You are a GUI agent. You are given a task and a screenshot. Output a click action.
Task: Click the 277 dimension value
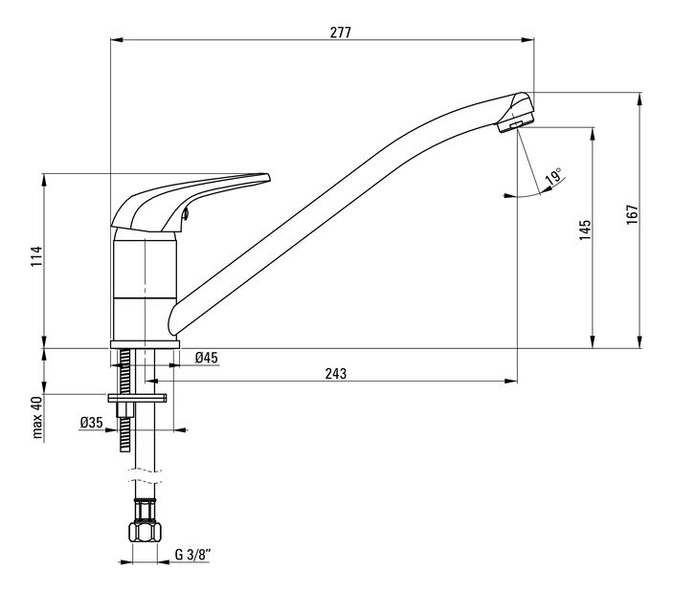coord(341,33)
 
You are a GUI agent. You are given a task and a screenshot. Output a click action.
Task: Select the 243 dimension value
coord(336,374)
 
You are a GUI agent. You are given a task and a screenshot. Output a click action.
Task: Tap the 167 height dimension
coord(632,214)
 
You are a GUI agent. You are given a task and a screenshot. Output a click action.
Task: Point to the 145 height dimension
coord(585,230)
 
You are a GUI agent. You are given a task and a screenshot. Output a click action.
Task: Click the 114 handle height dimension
coord(37,256)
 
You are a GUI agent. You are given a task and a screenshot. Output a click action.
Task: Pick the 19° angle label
coord(553,176)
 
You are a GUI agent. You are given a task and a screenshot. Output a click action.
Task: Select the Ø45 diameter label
coord(207,358)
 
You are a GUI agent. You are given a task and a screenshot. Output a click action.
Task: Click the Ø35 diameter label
coord(91,423)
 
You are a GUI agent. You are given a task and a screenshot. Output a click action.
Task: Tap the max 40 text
coord(37,418)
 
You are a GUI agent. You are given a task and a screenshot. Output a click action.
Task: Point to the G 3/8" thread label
coord(192,555)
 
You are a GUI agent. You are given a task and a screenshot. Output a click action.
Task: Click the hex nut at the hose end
coord(146,532)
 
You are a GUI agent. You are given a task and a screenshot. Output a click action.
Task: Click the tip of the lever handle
coord(268,177)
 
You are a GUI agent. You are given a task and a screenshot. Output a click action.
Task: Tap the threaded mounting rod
coord(124,400)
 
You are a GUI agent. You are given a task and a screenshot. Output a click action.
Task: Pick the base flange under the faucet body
coord(146,344)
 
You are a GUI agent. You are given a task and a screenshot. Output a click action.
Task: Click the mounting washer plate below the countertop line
coord(137,398)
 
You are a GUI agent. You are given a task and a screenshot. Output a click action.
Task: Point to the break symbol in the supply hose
coord(146,476)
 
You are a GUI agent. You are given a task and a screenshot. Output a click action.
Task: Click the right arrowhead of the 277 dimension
coord(527,40)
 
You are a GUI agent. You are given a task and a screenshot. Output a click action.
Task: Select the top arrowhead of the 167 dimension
coord(639,99)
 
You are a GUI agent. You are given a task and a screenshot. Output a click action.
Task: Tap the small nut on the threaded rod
coord(124,410)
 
